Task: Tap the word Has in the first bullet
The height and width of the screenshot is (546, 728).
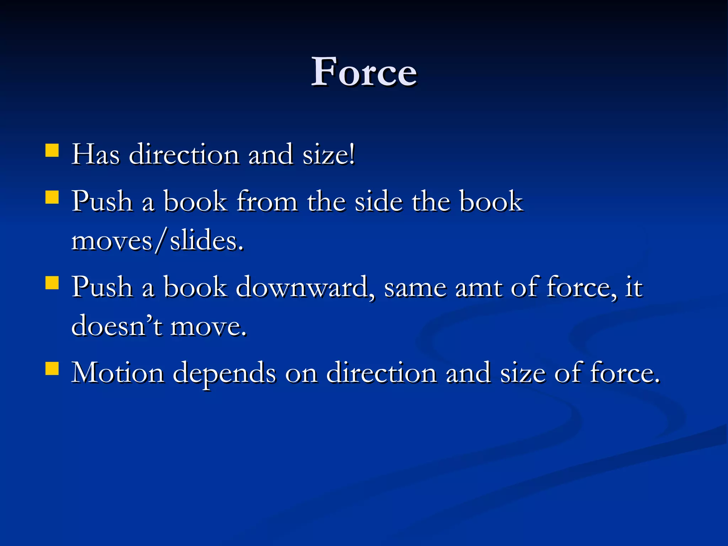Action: point(95,155)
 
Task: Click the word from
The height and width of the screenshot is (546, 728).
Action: point(267,201)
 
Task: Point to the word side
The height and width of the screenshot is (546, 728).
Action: point(379,201)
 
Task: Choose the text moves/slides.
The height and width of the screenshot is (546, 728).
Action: point(157,241)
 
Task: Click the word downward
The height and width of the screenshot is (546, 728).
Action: point(305,287)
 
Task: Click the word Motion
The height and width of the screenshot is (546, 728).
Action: point(118,373)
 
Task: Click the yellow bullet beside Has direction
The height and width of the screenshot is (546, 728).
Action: point(52,150)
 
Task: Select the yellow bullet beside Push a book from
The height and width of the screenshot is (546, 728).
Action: point(52,197)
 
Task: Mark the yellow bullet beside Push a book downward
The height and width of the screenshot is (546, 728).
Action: point(52,283)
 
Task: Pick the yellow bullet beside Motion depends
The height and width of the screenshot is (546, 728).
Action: point(52,369)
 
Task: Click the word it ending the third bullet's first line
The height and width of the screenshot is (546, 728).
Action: point(634,287)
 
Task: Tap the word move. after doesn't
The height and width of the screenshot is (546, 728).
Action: point(208,327)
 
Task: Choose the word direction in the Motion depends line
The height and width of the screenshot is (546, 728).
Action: point(381,373)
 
